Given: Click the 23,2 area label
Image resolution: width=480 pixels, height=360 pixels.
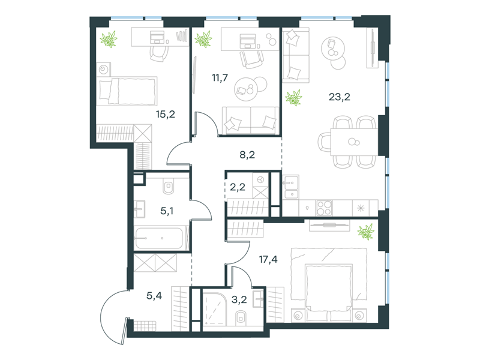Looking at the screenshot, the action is tap(339, 97).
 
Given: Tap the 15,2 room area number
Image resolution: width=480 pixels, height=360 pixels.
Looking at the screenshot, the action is tap(166, 115).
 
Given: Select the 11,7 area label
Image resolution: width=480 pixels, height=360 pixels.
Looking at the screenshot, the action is tap(220, 78).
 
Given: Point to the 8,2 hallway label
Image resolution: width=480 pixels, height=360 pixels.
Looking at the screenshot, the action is tap(247, 155).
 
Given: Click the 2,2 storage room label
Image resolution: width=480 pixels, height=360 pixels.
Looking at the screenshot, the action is tap(238, 187).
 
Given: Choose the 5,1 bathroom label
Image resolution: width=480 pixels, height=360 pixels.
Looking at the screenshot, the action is tap(167, 211).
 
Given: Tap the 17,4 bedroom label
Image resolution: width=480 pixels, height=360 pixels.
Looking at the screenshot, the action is tap(268, 260).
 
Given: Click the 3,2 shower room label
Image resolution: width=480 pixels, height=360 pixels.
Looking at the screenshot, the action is tap(239, 299).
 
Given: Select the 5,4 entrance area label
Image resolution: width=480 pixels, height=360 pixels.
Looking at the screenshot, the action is tap(154, 296).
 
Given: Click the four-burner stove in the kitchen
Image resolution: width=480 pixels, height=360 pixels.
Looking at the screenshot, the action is tap(324, 208).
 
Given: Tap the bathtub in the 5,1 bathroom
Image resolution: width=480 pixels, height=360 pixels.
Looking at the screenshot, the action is tap(159, 238).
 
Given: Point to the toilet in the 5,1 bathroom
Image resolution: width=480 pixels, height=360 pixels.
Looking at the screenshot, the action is tap(169, 187).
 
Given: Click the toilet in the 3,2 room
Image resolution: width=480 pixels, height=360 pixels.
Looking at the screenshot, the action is tap(241, 318).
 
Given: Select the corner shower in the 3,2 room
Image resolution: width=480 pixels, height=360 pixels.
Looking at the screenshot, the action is tap(214, 308).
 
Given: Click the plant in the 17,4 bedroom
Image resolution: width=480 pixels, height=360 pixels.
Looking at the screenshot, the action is tap(366, 232).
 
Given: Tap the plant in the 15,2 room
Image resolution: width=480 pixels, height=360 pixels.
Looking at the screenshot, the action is tap(109, 39).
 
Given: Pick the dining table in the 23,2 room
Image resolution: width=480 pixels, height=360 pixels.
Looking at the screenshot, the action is tap(354, 142).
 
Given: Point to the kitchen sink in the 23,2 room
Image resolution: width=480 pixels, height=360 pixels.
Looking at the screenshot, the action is tap(290, 187).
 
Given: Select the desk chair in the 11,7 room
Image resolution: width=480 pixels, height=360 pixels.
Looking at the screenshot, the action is tap(251, 59).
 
